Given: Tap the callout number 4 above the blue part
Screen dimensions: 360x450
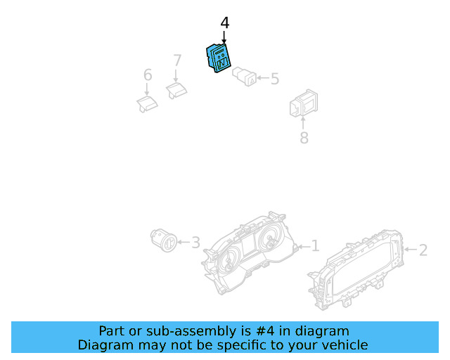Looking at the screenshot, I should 224,23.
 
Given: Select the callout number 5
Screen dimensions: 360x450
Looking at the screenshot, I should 274,79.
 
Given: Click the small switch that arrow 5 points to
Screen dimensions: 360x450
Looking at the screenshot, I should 244,76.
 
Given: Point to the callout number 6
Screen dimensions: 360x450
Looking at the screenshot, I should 148,75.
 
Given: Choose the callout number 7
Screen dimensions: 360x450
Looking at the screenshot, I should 177,60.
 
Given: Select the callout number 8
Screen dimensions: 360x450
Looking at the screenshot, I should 304,138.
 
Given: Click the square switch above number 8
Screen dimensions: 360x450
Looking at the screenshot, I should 303,105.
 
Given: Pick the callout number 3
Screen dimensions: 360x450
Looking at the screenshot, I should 195,243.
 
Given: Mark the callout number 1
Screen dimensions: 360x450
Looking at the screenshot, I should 315,245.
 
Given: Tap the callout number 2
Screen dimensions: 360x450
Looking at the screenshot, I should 423,249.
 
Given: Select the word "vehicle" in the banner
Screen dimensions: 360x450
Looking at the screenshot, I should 343,345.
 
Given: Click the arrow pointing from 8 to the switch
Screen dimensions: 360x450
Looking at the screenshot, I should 303,124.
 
